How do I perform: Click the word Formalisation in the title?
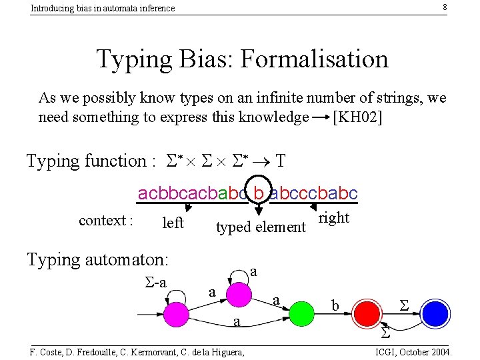(314, 59)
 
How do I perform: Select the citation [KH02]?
(357, 117)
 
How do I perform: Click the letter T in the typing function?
(281, 161)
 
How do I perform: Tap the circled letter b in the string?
(259, 193)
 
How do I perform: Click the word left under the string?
(173, 223)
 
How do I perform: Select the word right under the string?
(334, 218)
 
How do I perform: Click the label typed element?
(261, 227)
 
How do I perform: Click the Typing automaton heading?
(97, 259)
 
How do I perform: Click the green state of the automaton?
(302, 311)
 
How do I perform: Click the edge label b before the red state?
(336, 305)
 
